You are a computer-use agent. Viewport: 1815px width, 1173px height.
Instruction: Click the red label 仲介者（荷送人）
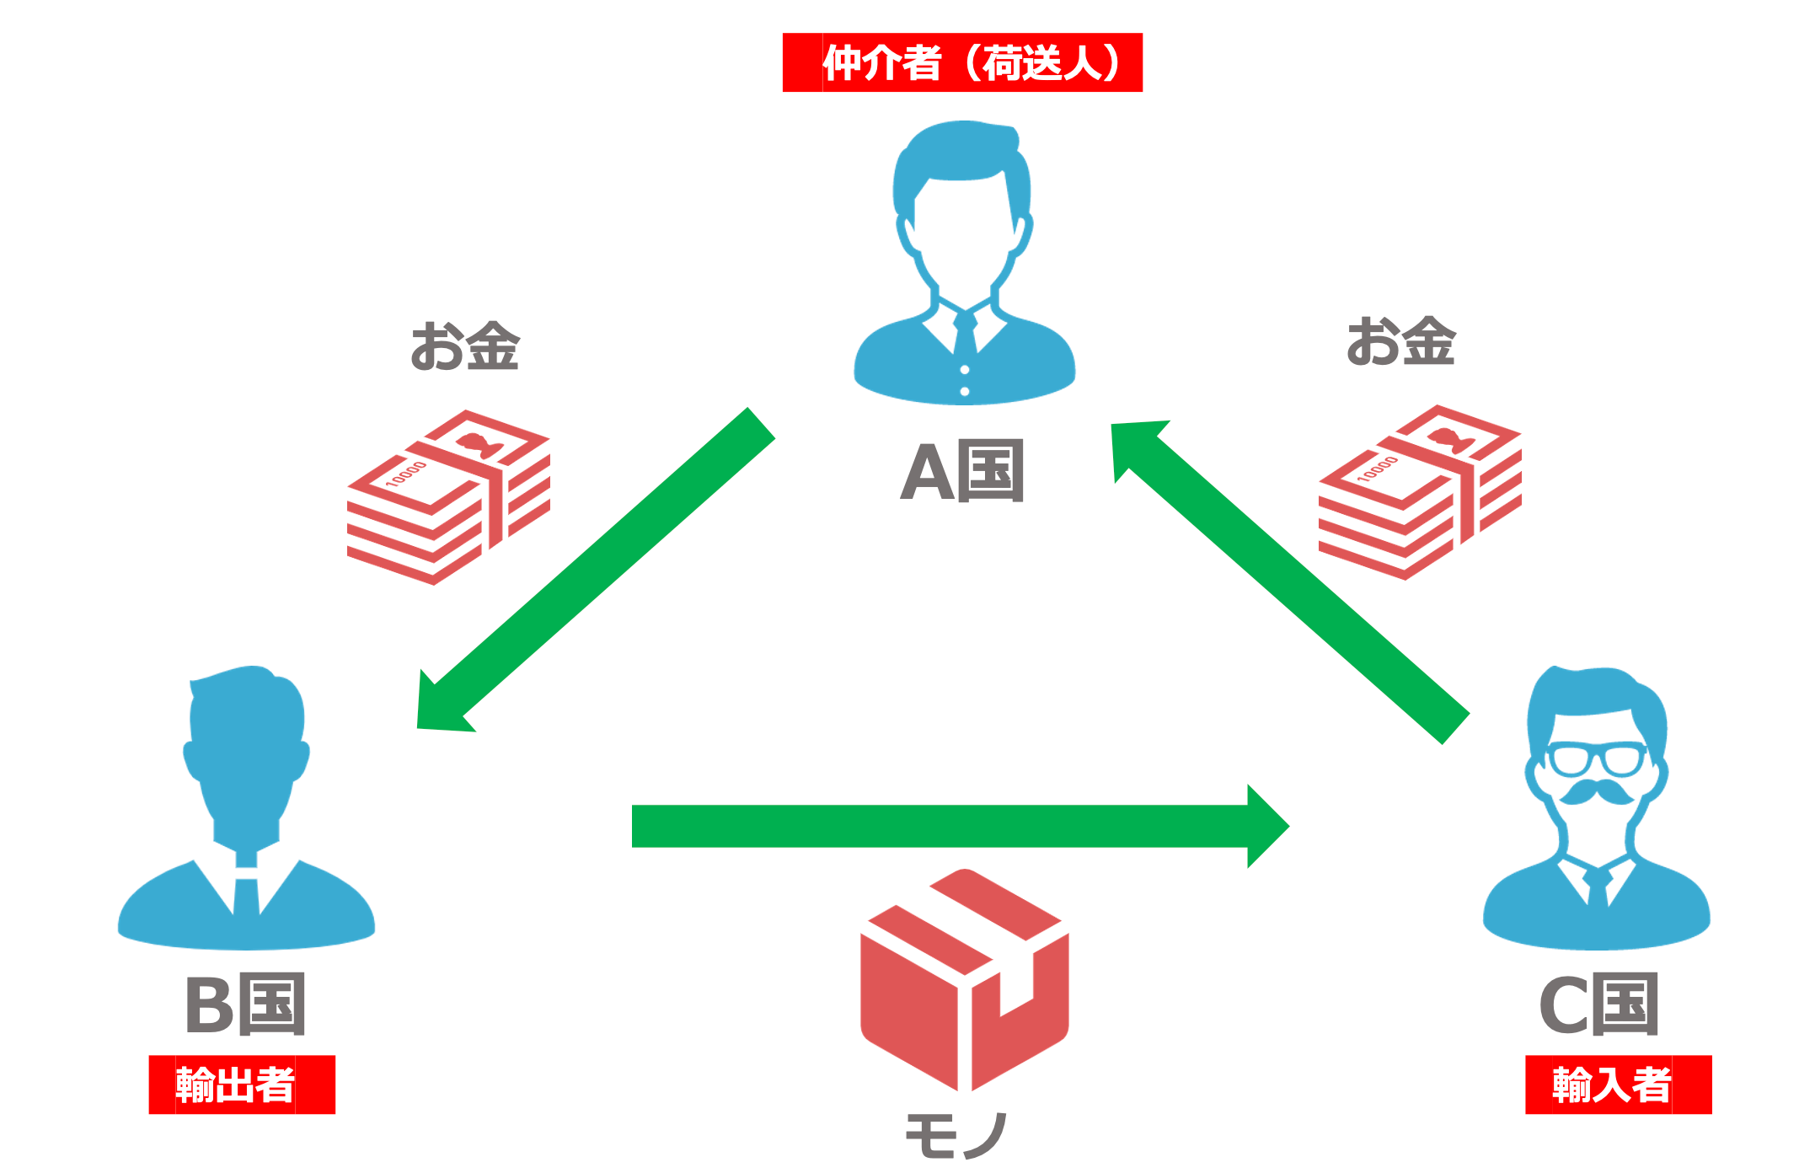962,62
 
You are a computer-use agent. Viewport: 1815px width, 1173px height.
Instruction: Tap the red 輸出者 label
242,1085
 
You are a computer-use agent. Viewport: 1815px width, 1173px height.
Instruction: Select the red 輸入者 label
1618,1085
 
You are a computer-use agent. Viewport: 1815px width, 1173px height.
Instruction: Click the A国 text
962,472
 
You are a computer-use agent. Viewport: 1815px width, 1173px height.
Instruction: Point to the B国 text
244,1004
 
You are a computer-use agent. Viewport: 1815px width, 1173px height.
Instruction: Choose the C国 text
1598,1004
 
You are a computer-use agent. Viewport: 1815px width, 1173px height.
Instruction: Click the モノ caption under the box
956,1135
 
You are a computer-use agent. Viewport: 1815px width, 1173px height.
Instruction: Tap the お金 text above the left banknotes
464,345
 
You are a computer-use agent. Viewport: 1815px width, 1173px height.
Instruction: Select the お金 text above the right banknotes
1400,341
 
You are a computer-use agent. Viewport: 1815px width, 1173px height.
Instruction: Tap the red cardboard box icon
965,982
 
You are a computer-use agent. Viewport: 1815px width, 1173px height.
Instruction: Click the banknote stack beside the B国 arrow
448,497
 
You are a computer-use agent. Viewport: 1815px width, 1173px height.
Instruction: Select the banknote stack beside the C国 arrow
1420,493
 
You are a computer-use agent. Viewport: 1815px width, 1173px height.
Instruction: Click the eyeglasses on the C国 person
1597,758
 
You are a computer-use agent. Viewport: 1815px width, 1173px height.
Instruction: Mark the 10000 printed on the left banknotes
406,474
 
